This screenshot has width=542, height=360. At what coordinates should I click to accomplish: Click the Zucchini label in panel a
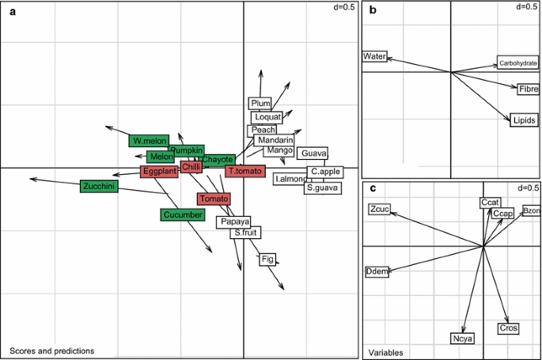(99, 187)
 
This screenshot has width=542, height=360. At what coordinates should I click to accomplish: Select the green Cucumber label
(183, 214)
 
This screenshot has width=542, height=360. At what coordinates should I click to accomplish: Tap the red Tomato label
(214, 199)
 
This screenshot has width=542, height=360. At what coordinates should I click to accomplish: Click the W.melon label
(149, 141)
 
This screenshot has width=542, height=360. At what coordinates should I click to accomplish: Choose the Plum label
(260, 104)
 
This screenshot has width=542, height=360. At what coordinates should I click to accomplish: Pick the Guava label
(314, 153)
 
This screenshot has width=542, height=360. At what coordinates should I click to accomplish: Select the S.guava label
(322, 188)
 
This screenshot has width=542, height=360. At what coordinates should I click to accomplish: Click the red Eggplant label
(159, 171)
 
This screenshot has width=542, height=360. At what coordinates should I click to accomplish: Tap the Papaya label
(235, 222)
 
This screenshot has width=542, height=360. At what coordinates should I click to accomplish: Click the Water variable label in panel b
(373, 57)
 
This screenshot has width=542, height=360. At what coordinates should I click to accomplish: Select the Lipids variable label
(524, 120)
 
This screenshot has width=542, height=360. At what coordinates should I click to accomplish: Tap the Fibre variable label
(529, 89)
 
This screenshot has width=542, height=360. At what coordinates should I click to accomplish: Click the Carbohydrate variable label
(517, 63)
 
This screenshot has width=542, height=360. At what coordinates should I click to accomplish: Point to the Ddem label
(377, 272)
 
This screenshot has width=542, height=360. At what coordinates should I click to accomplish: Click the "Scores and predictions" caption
(51, 351)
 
